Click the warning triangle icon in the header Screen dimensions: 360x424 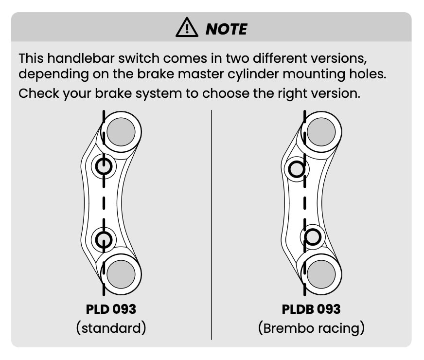188,28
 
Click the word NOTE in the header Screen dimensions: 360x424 226,29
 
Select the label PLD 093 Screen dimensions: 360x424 111,309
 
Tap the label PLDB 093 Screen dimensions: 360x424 311,309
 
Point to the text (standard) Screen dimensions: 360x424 111,328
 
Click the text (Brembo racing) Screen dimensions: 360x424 311,328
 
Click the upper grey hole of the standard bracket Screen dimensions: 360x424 121,131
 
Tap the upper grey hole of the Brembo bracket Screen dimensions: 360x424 321,131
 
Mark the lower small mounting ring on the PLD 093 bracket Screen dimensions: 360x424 104,239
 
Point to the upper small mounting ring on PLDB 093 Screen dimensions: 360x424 297,169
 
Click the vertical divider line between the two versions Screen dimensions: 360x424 212,224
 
